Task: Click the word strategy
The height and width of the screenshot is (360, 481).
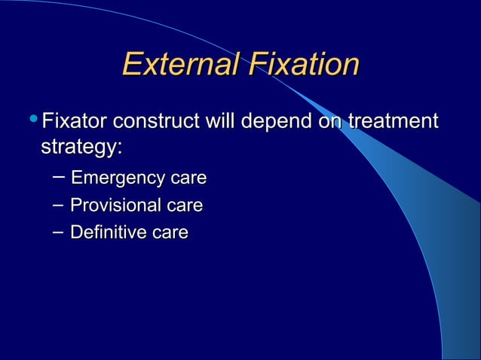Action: (x=78, y=147)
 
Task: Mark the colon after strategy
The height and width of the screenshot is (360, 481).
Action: (x=119, y=148)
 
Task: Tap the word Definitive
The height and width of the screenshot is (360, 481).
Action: (x=109, y=233)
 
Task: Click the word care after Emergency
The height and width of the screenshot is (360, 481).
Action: (x=188, y=178)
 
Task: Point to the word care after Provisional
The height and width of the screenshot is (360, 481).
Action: (x=185, y=206)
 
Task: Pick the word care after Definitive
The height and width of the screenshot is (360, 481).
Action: (x=170, y=233)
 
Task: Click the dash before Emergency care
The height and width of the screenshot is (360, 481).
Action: (x=60, y=178)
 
